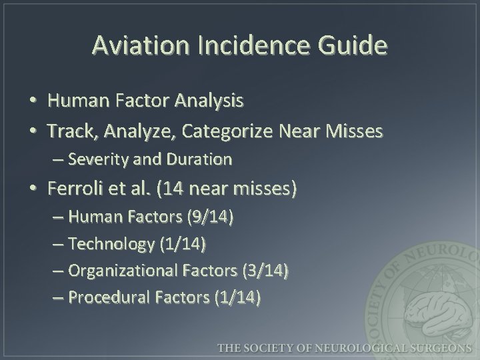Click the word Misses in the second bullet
357,131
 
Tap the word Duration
200,160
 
